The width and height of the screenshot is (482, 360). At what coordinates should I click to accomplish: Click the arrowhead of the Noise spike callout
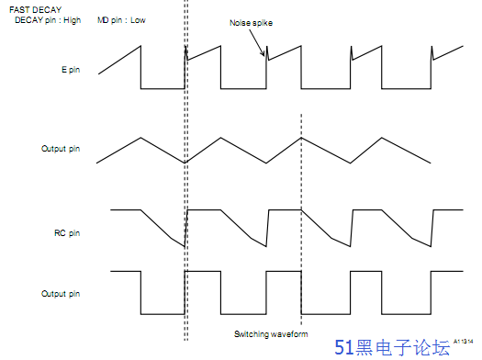coord(266,59)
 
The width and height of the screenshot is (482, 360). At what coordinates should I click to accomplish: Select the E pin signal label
coord(68,69)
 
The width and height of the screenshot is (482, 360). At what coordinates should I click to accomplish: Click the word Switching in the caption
coord(250,333)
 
